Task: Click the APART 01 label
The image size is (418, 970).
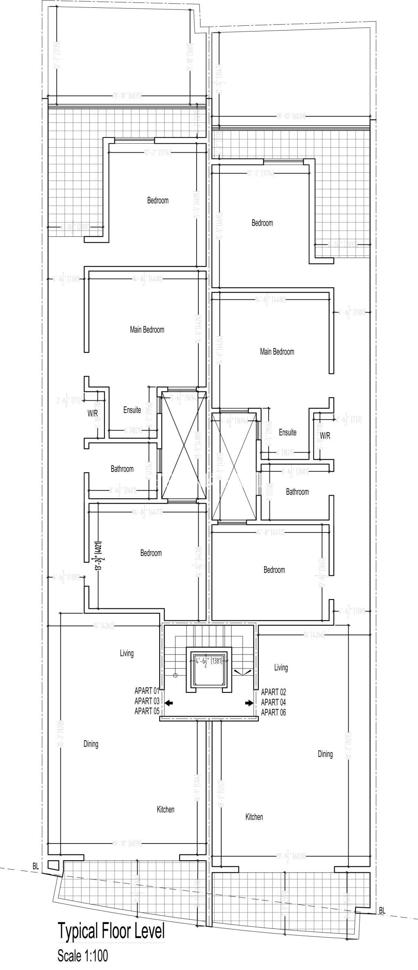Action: (147, 691)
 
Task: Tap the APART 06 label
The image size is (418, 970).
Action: (273, 713)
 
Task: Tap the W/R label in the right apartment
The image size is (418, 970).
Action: (325, 436)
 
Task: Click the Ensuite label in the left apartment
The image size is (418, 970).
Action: (132, 410)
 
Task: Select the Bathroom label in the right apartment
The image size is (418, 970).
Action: (297, 492)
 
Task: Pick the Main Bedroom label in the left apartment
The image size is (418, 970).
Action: (147, 329)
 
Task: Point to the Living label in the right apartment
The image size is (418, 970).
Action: (281, 668)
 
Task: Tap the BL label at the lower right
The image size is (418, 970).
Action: (382, 908)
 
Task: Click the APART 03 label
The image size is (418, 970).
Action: (147, 701)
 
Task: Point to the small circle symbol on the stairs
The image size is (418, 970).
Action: (176, 675)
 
